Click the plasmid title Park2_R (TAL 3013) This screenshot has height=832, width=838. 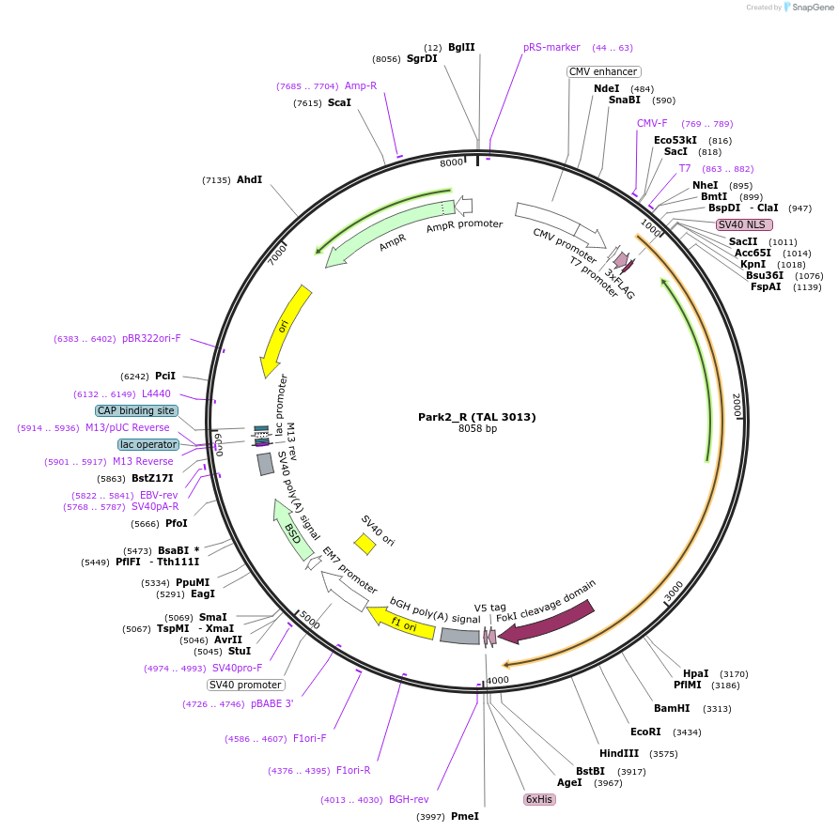coord(476,417)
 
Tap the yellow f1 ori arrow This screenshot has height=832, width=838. coord(401,624)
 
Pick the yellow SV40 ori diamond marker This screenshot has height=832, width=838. coord(365,544)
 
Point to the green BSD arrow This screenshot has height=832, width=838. coord(293,531)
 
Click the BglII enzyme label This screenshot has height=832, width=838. coord(461,47)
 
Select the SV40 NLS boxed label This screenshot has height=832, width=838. coord(744,224)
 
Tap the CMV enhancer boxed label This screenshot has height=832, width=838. coord(603,71)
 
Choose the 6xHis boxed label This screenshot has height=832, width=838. coord(539,799)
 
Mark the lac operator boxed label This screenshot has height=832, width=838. coord(147,444)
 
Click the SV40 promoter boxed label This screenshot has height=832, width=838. coord(245,685)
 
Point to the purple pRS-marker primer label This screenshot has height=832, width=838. coord(551,47)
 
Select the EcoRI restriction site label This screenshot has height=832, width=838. coord(645,732)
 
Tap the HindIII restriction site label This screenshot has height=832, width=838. coord(619,753)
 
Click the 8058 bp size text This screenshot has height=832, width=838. coord(476,429)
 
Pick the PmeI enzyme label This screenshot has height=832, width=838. coord(465,816)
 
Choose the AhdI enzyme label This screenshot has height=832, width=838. coord(250,179)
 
